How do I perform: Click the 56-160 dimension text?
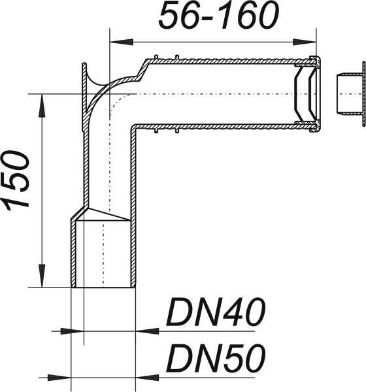(x=219, y=16)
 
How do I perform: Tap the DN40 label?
(x=216, y=312)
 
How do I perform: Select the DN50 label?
(x=216, y=358)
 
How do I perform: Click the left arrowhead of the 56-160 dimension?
(x=121, y=42)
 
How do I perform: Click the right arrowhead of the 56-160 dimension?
(x=305, y=42)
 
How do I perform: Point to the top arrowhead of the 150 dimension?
(x=42, y=105)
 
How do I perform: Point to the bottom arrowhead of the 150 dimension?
(x=42, y=276)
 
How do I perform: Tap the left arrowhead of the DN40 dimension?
(x=72, y=331)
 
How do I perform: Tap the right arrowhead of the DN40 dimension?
(x=146, y=331)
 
